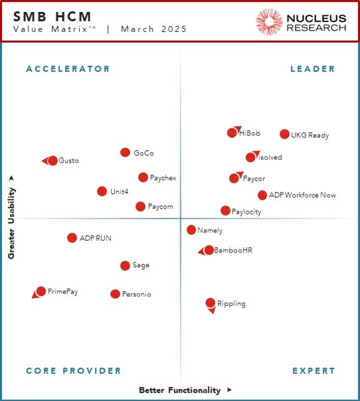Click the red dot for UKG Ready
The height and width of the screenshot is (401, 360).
coord(284,134)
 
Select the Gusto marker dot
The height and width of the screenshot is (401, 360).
coord(52,161)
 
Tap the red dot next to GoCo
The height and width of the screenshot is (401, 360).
coord(125,153)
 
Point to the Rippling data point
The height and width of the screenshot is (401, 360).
coord(211,303)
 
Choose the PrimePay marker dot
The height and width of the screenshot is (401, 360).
coord(41,291)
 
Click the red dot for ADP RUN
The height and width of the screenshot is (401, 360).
coord(72,238)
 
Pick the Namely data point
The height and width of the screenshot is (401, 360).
coord(191,230)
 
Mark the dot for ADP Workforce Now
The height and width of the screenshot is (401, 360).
coord(262,195)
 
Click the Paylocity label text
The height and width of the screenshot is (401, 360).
coord(246,212)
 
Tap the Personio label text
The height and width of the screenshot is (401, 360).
coord(136,294)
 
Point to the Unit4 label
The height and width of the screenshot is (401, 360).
coord(120,192)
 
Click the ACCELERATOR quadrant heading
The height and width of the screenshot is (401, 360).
coord(68,69)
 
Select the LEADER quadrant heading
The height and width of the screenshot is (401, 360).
coord(313,69)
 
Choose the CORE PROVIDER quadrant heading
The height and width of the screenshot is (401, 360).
coord(73,371)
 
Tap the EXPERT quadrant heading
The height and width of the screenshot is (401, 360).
coord(314,371)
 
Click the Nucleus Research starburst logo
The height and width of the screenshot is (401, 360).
coord(269,21)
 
